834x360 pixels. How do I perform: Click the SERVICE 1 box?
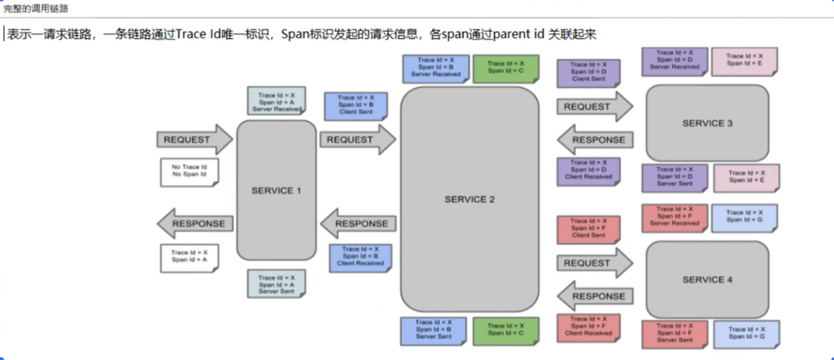coord(276,190)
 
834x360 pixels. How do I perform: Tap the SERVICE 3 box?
coord(707,124)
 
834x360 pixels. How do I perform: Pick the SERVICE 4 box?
coord(707,280)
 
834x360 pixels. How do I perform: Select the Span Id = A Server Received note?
coord(275,100)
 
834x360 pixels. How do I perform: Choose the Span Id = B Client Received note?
coord(360,256)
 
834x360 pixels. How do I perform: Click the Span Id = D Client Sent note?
coord(588,73)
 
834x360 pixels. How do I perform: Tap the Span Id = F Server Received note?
coord(674,216)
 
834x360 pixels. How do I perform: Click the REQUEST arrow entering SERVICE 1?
coord(193,139)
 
